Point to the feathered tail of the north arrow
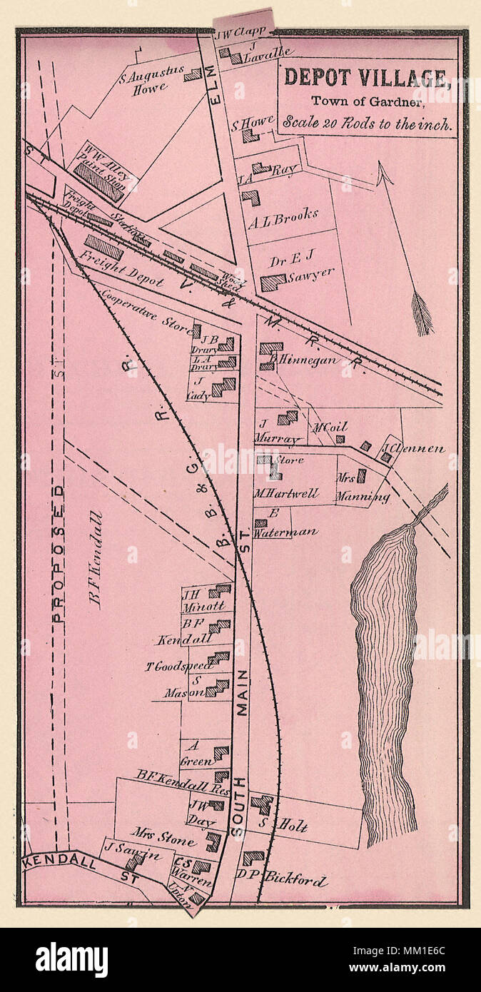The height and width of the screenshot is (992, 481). pyautogui.click(x=422, y=313)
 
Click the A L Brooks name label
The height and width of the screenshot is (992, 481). pyautogui.click(x=283, y=216)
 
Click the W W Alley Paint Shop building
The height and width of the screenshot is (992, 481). pyautogui.click(x=98, y=182)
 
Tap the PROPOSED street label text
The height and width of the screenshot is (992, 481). pyautogui.click(x=59, y=553)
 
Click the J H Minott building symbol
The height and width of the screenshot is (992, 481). pyautogui.click(x=220, y=590)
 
